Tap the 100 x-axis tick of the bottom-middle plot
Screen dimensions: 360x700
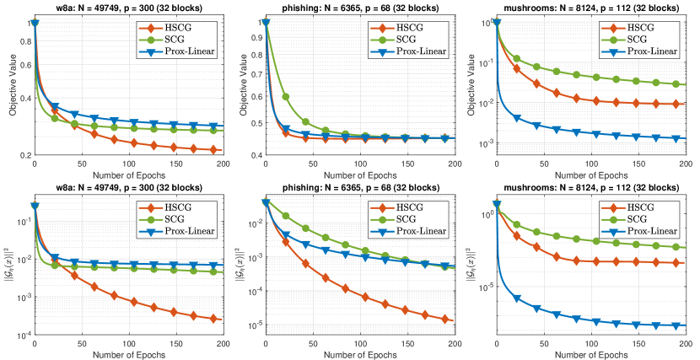click(x=360, y=345)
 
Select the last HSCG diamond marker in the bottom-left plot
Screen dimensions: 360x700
click(x=215, y=319)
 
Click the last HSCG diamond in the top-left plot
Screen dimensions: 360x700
click(x=215, y=150)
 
